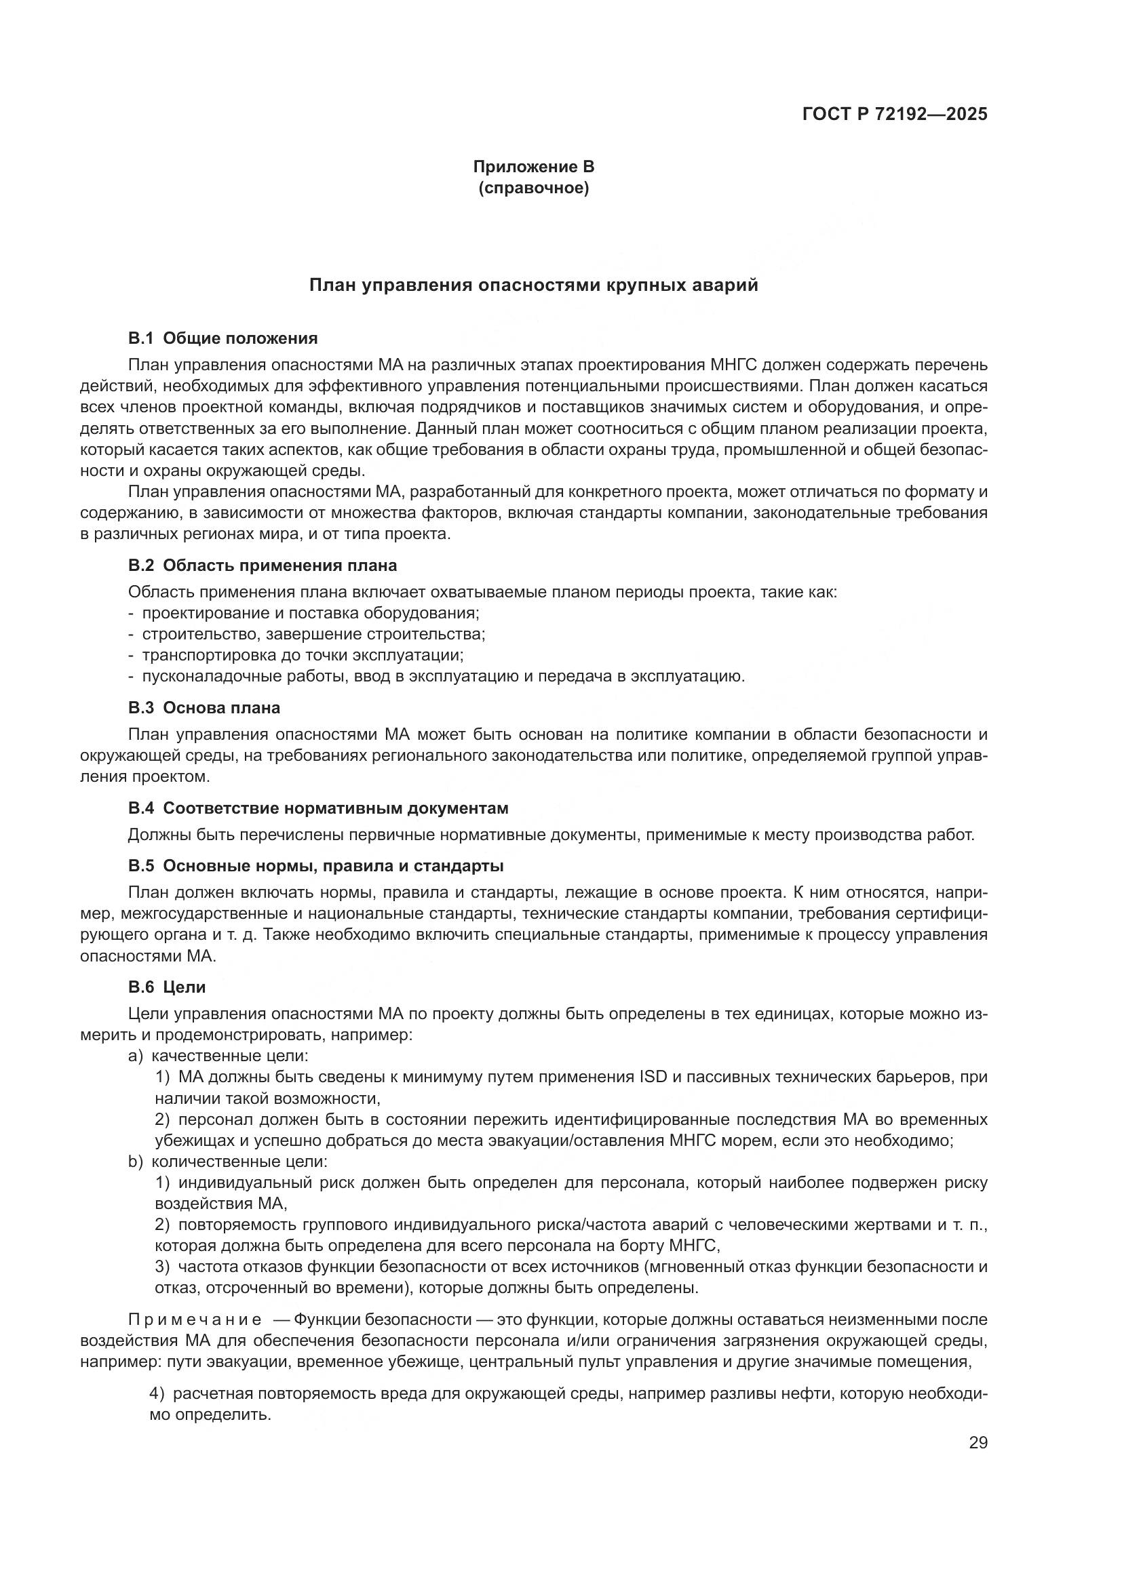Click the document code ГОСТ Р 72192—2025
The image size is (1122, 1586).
pyautogui.click(x=894, y=115)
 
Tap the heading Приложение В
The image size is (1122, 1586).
pyautogui.click(x=533, y=167)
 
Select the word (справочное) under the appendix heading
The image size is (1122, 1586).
pyautogui.click(x=533, y=188)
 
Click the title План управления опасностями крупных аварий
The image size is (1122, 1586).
pyautogui.click(x=533, y=285)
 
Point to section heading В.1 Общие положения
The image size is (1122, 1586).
pyautogui.click(x=223, y=338)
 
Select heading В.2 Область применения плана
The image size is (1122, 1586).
pyautogui.click(x=263, y=566)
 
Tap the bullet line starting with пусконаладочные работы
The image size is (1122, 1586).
pyautogui.click(x=442, y=675)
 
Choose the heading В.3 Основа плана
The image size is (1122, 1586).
pyautogui.click(x=204, y=708)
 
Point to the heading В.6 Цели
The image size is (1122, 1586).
pyautogui.click(x=167, y=987)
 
